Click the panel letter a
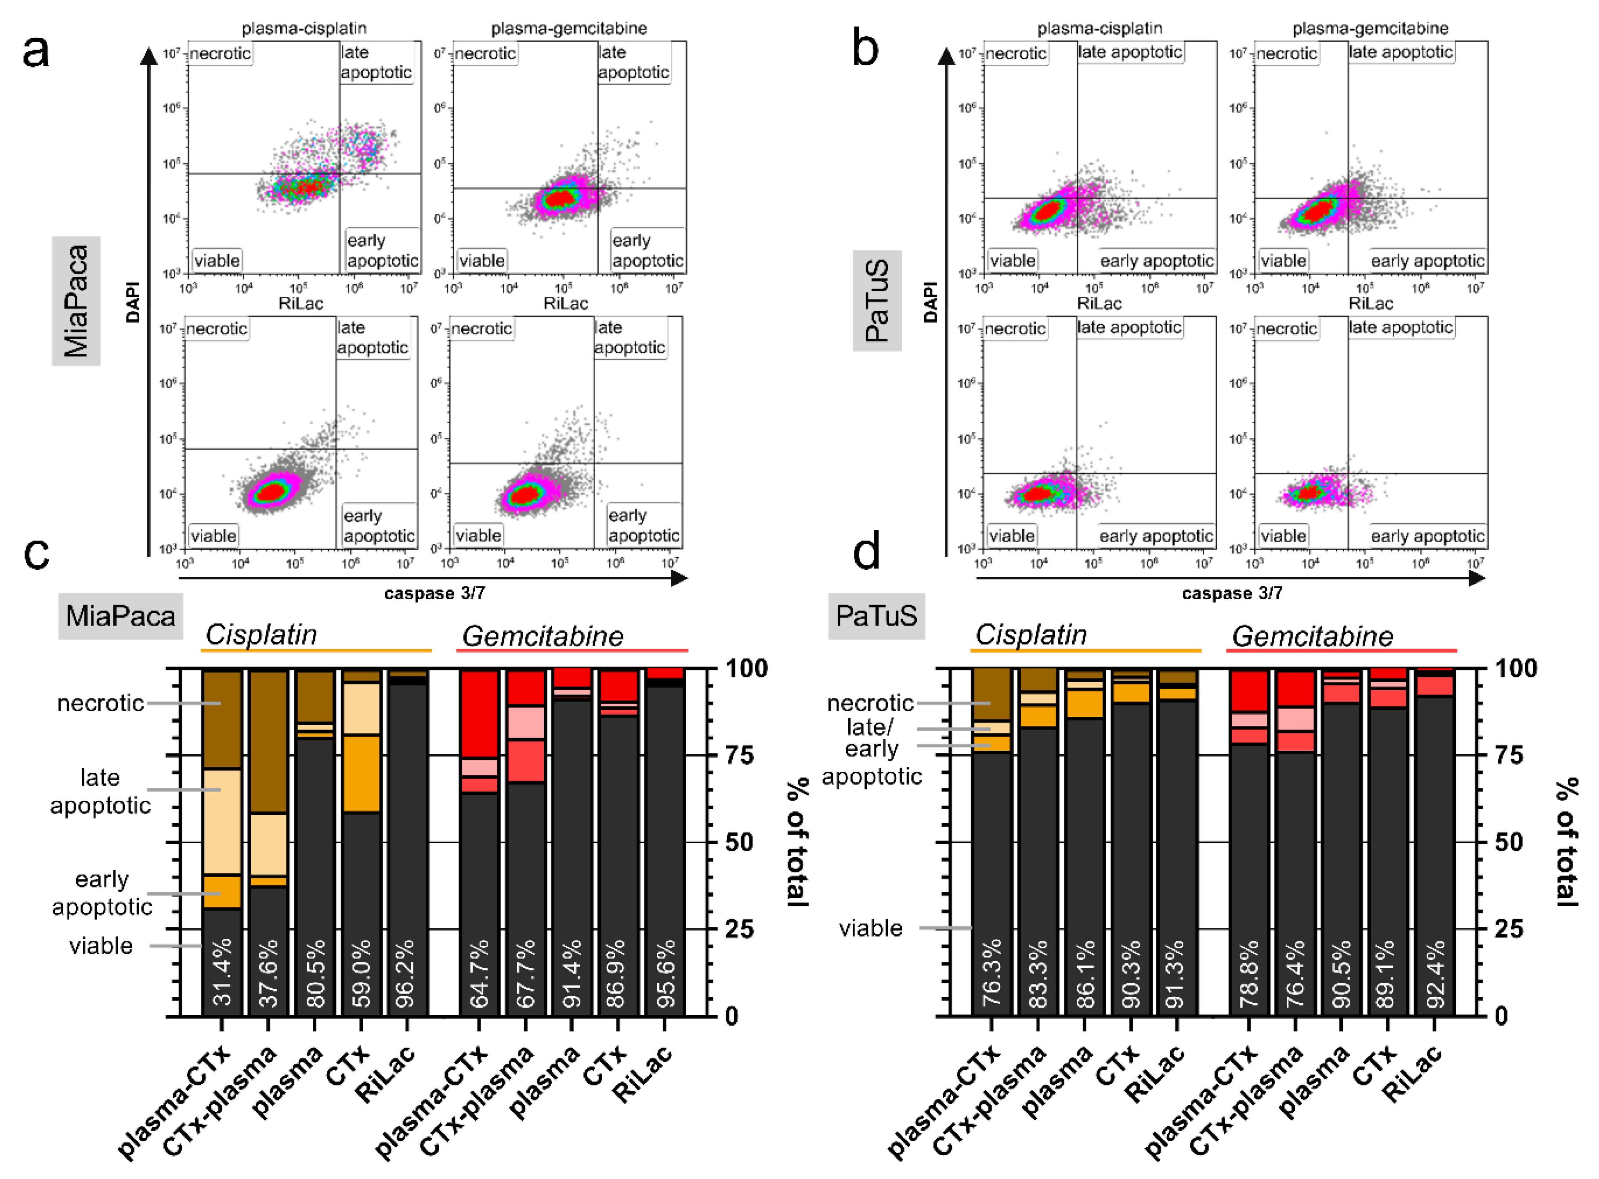(x=36, y=51)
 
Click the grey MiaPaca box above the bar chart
(x=120, y=615)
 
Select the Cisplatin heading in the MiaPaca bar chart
(x=261, y=634)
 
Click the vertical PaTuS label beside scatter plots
(x=877, y=300)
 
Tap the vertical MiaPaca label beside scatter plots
(x=76, y=300)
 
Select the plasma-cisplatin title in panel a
(x=304, y=29)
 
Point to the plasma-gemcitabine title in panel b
(x=1370, y=29)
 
